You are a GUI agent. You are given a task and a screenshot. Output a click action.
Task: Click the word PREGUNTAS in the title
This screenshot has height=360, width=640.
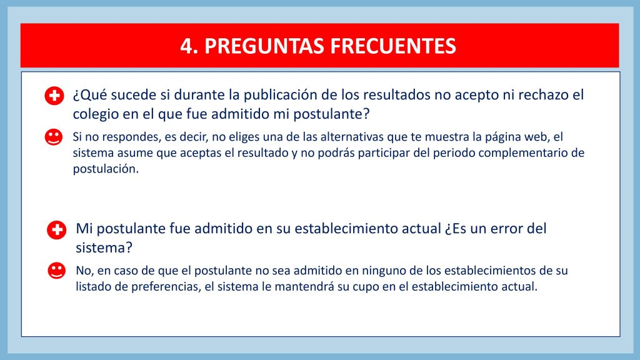tap(264, 46)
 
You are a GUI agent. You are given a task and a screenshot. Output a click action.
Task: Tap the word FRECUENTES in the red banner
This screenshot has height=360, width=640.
tap(393, 46)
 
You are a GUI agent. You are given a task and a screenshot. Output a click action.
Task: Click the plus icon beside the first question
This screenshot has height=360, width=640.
tap(54, 96)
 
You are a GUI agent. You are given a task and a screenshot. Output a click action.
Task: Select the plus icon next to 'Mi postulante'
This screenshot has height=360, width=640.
tap(57, 230)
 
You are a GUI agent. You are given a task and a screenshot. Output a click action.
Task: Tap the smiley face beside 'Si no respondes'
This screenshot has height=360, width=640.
tap(54, 137)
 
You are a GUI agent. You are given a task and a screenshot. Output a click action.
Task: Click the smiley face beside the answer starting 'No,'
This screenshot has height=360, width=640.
tap(57, 271)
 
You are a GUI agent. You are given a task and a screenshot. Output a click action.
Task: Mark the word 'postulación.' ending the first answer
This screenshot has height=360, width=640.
tap(106, 169)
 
